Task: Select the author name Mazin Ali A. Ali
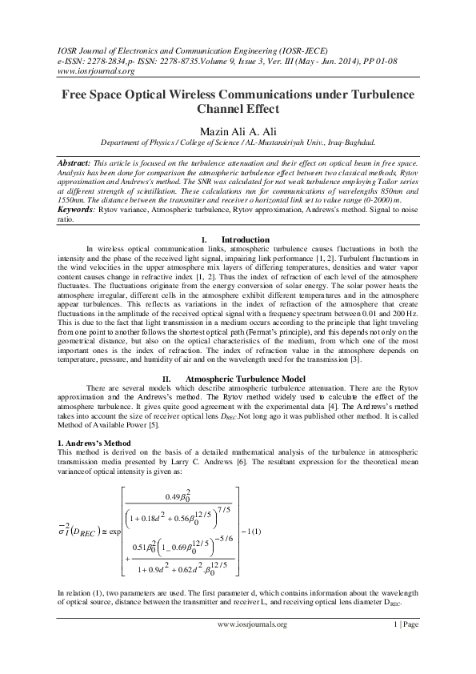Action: pyautogui.click(x=238, y=129)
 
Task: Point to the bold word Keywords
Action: pyautogui.click(x=78, y=208)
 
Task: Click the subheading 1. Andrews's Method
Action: pyautogui.click(x=96, y=443)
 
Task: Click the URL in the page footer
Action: pyautogui.click(x=251, y=624)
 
